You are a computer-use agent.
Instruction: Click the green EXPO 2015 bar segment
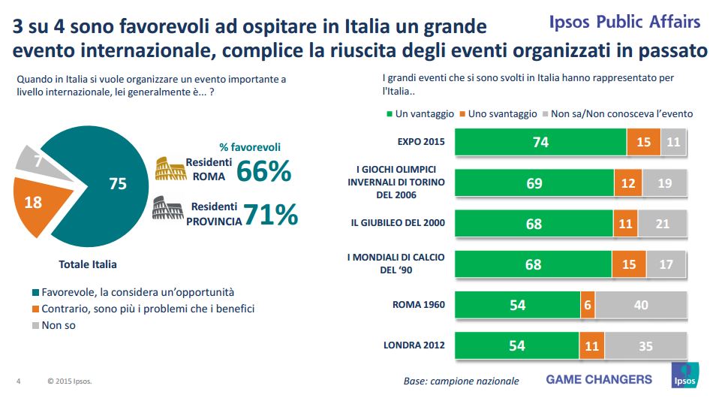tap(540, 142)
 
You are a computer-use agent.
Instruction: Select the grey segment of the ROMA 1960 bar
tap(641, 305)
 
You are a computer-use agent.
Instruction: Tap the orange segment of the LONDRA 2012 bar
tap(591, 345)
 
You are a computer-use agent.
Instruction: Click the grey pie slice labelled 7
tap(35, 160)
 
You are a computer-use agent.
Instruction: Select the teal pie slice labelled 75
tap(105, 188)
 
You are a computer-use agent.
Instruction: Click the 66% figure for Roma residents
tap(263, 171)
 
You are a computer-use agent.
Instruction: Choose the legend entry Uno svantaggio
tap(498, 114)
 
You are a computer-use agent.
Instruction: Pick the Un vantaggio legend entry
tap(420, 114)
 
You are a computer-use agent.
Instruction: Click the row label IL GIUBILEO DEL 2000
tap(398, 223)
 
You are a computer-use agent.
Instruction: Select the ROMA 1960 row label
tap(419, 305)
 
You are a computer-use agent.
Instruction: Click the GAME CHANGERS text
tap(599, 379)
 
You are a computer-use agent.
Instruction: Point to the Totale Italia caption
tap(88, 264)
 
